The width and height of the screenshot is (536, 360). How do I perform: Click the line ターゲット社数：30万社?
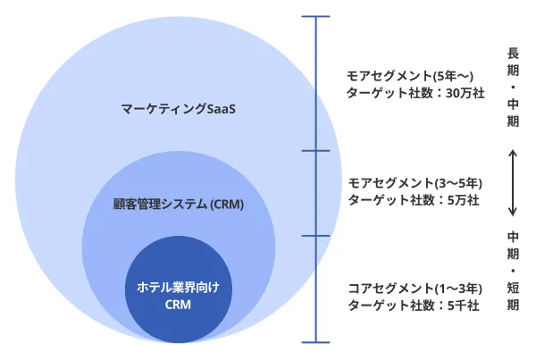(x=416, y=92)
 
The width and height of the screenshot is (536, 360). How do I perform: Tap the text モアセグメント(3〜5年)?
(x=415, y=182)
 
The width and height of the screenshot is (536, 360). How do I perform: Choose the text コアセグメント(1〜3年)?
(x=415, y=289)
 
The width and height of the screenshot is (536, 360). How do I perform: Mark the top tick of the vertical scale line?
(x=316, y=16)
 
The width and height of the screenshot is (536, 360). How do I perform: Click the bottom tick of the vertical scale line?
(x=316, y=341)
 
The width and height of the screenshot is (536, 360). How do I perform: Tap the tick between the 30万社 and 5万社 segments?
(x=316, y=151)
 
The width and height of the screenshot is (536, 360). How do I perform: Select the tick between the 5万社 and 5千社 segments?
(x=316, y=236)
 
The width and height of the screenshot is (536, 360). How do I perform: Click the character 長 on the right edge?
(x=513, y=52)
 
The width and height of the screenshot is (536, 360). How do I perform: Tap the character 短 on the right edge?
(x=513, y=286)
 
